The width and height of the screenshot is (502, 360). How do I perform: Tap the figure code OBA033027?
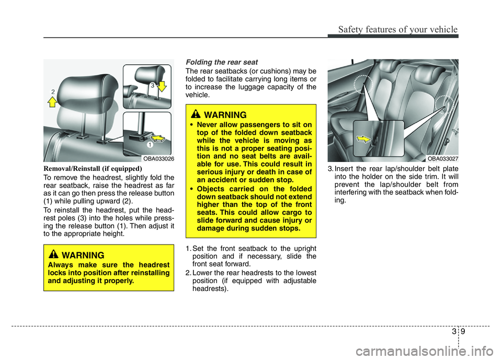click(442, 158)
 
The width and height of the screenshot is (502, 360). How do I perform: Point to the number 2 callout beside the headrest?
click(53, 92)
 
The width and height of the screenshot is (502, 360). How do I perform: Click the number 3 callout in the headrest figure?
click(152, 85)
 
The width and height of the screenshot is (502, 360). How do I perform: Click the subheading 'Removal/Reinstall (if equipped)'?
click(93, 169)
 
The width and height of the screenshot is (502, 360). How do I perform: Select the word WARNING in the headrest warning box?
click(83, 256)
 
